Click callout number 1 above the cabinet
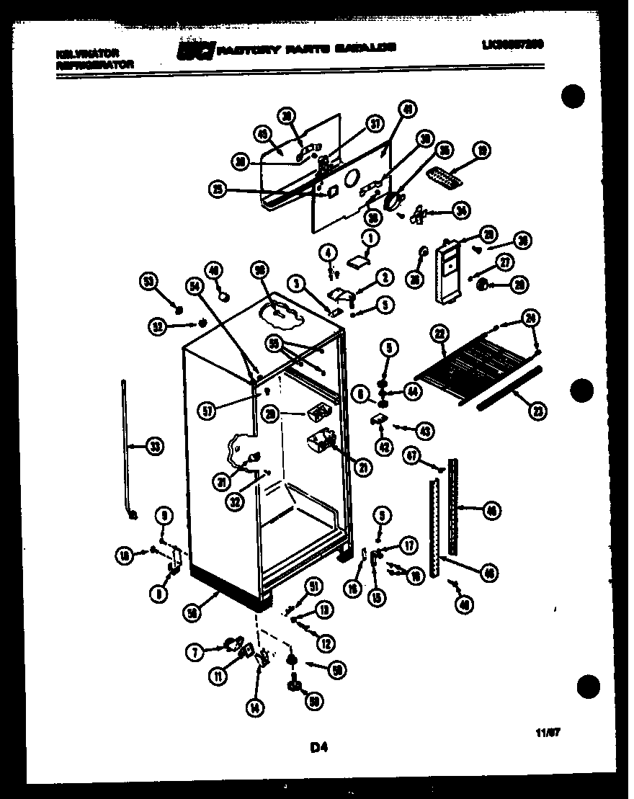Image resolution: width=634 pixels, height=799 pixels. pos(370,238)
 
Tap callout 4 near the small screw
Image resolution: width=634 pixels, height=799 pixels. pos(329,253)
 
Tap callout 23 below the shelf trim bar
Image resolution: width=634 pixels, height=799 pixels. pos(537,411)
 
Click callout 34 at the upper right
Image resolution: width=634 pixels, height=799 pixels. pos(460,210)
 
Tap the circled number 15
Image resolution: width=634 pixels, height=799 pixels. pos(376,597)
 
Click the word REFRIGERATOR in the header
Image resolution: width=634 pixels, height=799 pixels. pos(94,64)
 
